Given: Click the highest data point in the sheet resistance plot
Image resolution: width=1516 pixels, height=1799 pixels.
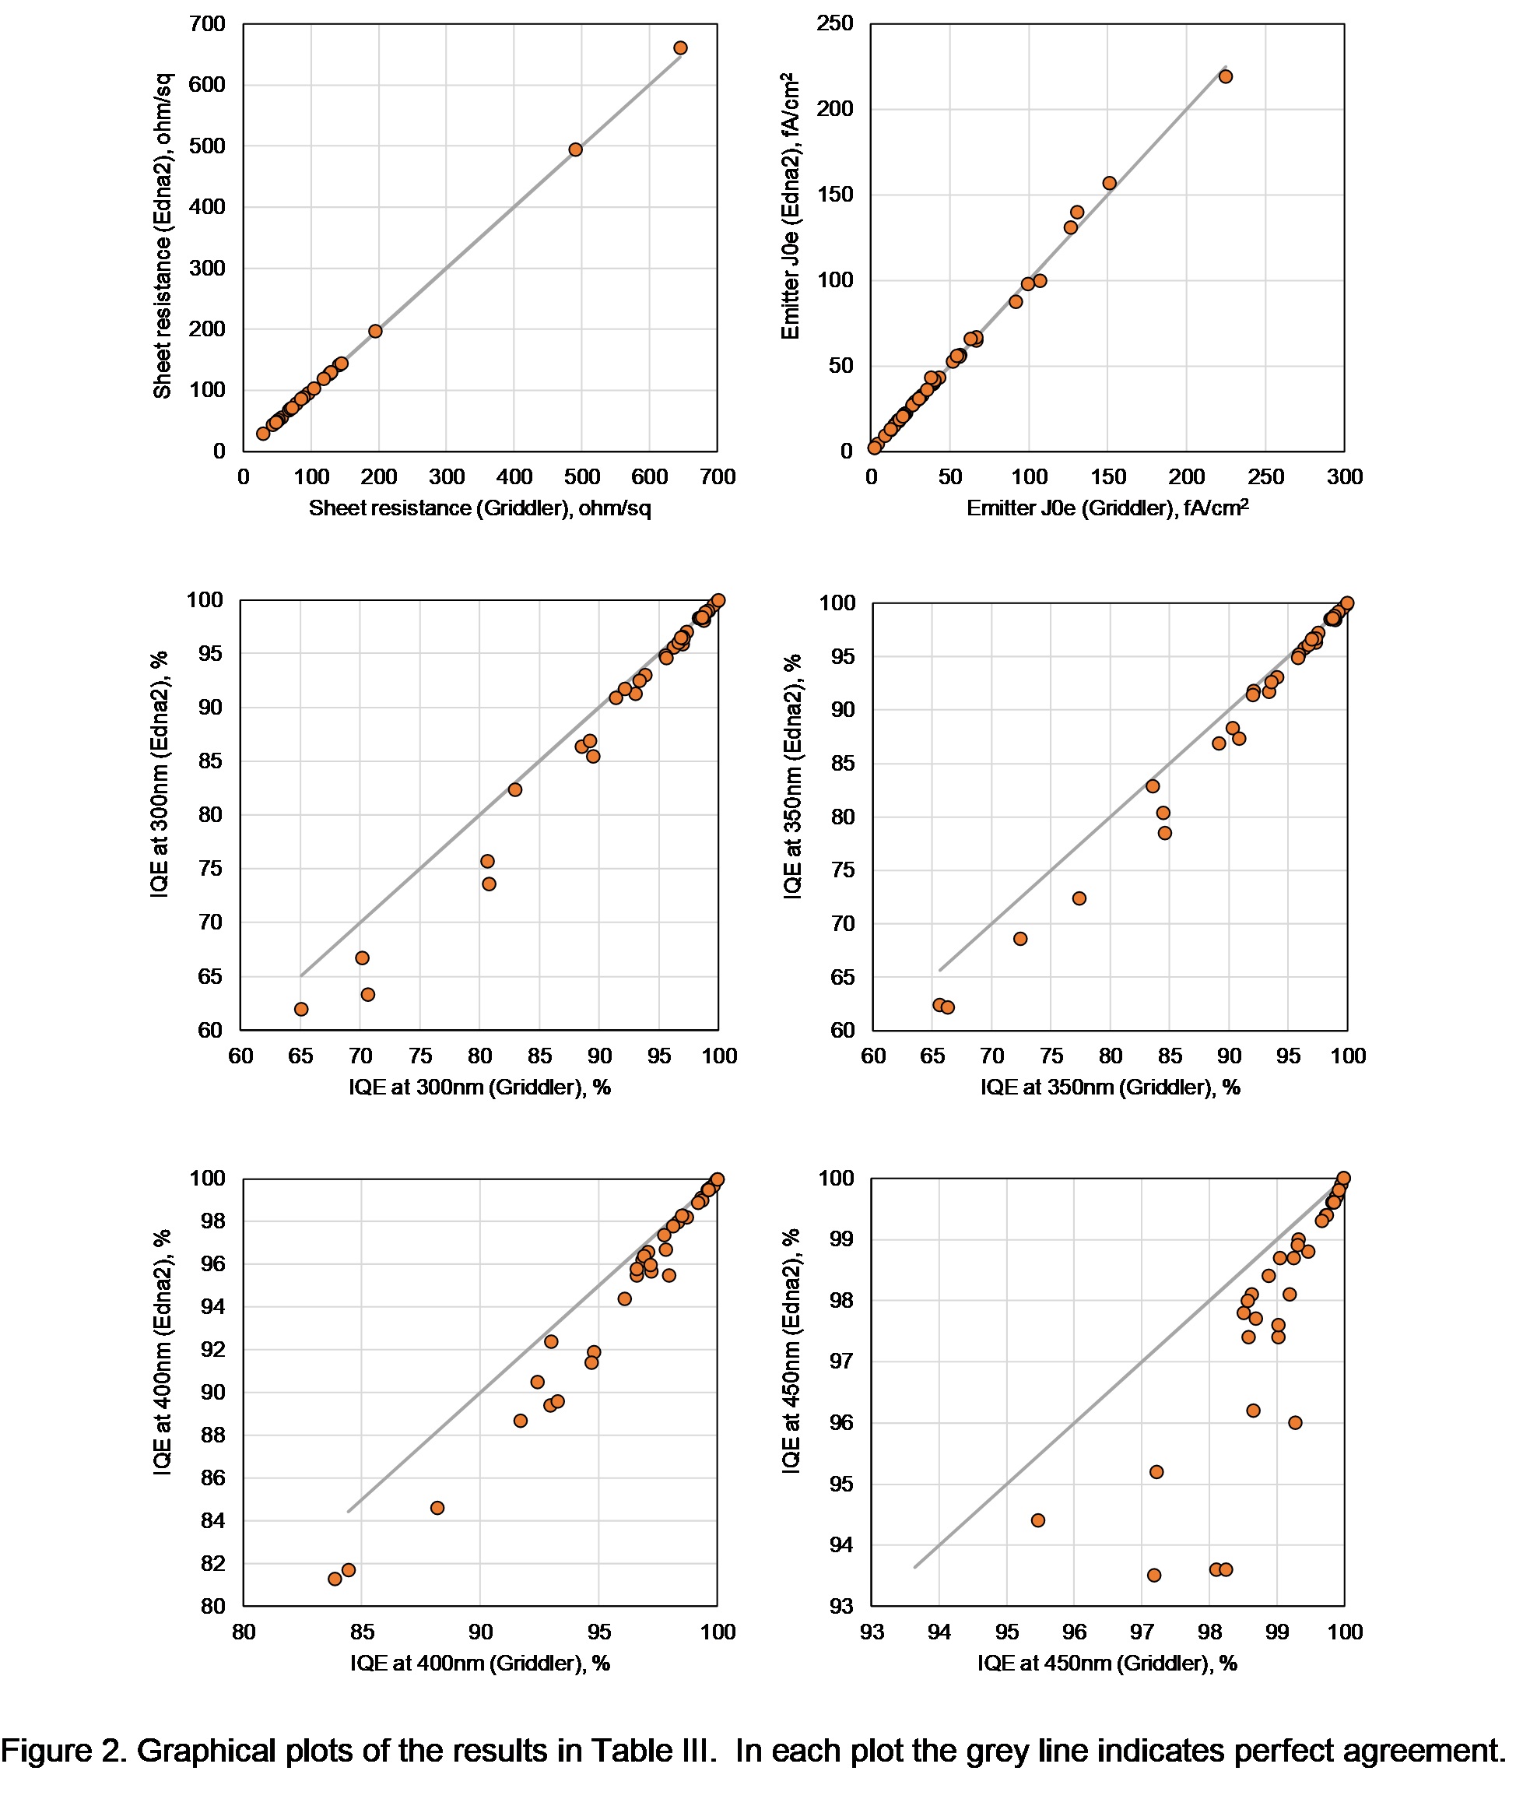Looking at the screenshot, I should (x=680, y=48).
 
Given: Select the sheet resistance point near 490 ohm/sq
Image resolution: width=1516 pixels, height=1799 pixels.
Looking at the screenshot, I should (x=576, y=149).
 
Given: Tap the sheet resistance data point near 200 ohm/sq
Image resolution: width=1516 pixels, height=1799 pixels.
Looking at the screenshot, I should (x=376, y=331).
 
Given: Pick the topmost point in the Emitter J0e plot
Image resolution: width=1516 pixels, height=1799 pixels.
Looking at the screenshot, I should (x=1226, y=76).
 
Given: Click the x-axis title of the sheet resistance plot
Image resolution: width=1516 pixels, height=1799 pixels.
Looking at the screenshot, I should (x=479, y=508).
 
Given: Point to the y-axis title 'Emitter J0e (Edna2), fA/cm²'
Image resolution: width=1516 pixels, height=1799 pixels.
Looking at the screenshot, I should (x=791, y=206).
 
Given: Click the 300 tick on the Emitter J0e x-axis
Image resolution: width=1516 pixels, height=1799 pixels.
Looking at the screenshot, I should (x=1344, y=477).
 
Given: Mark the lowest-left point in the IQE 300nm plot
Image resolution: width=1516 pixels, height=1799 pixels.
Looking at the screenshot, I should (x=301, y=1009).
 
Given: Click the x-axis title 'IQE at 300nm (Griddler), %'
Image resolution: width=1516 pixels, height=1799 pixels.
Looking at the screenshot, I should (x=479, y=1087).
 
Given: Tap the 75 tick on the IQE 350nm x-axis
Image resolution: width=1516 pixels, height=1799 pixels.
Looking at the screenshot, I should (x=1051, y=1056).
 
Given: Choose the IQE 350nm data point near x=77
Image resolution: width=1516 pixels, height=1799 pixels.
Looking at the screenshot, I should (x=1079, y=898).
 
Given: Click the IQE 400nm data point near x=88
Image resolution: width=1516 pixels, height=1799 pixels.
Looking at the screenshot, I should (x=437, y=1508).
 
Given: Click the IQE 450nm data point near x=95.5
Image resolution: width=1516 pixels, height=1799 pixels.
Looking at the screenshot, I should (x=1038, y=1520).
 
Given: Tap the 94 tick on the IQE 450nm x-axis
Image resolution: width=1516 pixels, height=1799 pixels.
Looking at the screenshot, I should (x=939, y=1632).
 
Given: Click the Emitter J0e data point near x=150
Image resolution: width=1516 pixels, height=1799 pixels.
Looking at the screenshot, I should (x=1110, y=183).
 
